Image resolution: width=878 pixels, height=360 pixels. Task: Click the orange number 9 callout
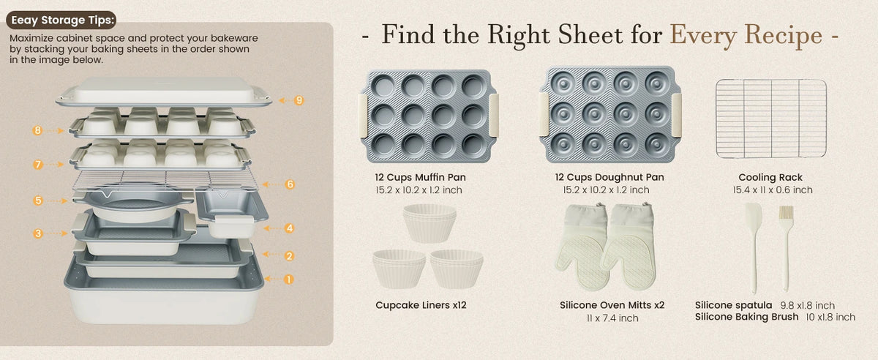[x=299, y=100]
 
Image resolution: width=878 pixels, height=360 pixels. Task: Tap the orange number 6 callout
[x=290, y=184]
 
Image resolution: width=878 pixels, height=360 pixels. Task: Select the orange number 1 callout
[x=288, y=280]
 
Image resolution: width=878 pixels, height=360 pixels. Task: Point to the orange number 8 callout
[x=37, y=130]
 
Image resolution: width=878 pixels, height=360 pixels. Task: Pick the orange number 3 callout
[x=38, y=233]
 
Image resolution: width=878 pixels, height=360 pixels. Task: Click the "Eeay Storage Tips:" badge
[x=61, y=20]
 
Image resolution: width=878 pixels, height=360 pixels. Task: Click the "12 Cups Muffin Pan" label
[x=420, y=177]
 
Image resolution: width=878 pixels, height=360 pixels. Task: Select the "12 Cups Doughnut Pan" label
[x=609, y=177]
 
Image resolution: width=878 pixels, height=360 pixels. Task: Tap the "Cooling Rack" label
[x=770, y=178]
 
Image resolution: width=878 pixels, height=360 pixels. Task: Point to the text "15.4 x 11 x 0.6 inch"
[x=773, y=190]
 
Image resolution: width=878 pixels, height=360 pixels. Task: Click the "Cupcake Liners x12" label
[x=421, y=305]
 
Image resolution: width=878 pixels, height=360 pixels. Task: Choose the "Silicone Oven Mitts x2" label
[x=612, y=305]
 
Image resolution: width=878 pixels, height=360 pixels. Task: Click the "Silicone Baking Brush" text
[x=747, y=317]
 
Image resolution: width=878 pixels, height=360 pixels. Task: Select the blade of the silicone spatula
[x=754, y=220]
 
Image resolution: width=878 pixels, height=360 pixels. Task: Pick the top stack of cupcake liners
[x=429, y=223]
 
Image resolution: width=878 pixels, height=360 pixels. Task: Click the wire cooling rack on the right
[x=771, y=119]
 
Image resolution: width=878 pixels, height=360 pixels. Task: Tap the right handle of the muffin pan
[x=494, y=116]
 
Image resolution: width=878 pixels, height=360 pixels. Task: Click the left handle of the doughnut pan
[x=544, y=114]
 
